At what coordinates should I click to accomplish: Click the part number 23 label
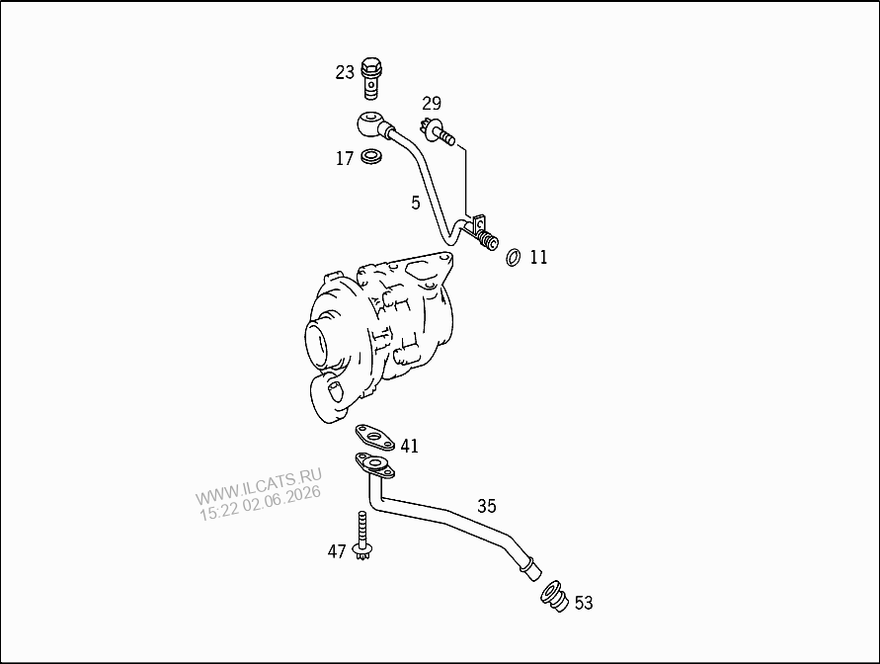345,72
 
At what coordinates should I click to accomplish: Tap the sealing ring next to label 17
371,156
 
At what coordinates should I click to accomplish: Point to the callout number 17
345,159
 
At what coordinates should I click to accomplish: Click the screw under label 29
438,132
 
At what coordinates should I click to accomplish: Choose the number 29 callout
432,104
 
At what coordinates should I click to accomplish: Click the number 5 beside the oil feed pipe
415,203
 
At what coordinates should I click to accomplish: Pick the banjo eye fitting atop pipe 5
370,123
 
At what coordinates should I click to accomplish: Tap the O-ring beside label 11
513,257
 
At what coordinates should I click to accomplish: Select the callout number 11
538,257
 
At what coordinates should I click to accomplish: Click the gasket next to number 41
373,438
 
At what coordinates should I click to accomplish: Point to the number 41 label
410,447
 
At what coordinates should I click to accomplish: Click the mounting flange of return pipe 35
374,465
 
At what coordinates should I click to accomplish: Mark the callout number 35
487,506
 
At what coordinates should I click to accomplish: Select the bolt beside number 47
362,536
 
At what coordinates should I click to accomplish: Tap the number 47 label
337,551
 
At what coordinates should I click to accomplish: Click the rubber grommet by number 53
554,597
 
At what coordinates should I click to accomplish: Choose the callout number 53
584,603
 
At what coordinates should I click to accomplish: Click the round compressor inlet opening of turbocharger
321,343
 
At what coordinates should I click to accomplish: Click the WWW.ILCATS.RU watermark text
258,486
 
